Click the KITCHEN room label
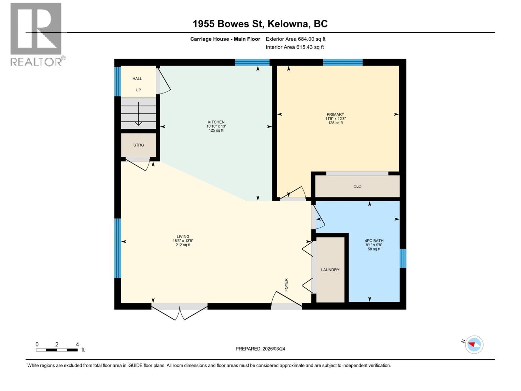pos(216,123)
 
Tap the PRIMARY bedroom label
pos(335,115)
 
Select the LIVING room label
pos(183,237)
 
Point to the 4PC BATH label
pos(374,241)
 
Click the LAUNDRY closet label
pos(330,270)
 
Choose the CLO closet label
pos(357,186)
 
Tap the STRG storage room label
pos(138,145)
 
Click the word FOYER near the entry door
pos(287,285)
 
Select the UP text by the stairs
pos(138,90)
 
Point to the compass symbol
pos(474,345)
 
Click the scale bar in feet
pos(57,350)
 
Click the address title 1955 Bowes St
pos(260,24)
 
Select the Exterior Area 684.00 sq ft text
pos(295,39)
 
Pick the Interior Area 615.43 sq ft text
pos(295,47)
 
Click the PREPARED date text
pos(260,349)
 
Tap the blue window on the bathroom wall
pos(403,258)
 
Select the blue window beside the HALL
pos(118,81)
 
